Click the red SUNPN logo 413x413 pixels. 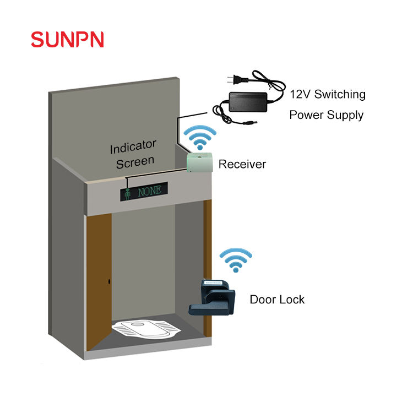tap(67, 40)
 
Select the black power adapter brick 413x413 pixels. tap(248, 102)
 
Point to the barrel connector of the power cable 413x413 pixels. tap(250, 122)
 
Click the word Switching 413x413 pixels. tap(340, 95)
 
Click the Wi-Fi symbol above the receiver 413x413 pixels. tap(200, 138)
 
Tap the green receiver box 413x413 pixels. tap(200, 162)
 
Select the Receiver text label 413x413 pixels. tap(242, 164)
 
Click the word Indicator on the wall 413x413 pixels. tap(133, 146)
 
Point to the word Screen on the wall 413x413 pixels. tap(135, 162)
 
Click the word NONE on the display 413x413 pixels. tap(150, 191)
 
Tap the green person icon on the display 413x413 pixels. tap(128, 194)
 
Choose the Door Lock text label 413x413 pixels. tap(277, 300)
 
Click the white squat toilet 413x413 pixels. tap(146, 329)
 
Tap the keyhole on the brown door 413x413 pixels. tap(109, 281)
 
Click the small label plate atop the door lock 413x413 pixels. tap(214, 282)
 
